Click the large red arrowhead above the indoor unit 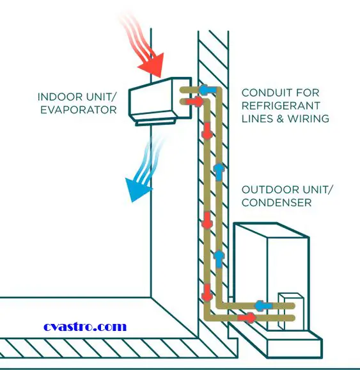[153, 65]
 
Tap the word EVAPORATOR [79, 110]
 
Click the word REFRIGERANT [281, 106]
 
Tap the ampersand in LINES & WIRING [280, 118]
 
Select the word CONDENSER [276, 203]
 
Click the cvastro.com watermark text [85, 327]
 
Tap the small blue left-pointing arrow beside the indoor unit [208, 90]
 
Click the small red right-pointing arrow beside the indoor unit [194, 102]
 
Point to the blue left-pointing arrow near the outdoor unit [263, 306]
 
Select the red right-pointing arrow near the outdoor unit [247, 318]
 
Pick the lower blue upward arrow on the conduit [219, 259]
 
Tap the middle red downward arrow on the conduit [207, 220]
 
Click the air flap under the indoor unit [156, 122]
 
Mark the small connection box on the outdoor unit [291, 311]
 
